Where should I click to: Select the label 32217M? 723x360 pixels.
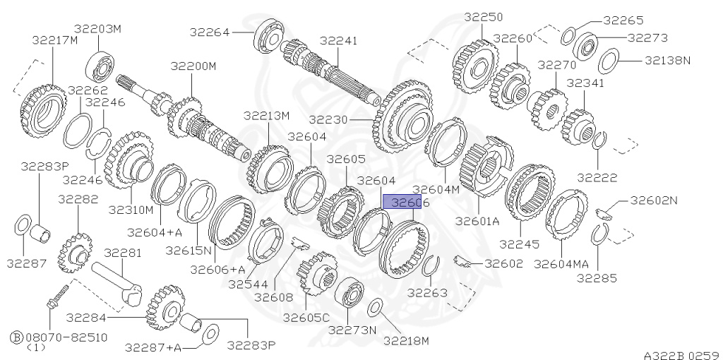pos(54,40)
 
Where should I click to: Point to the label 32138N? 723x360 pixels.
pos(668,61)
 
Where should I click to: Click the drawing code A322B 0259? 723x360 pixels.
pos(681,354)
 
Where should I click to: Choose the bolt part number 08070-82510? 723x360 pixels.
pos(67,337)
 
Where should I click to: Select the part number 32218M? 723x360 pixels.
pos(406,341)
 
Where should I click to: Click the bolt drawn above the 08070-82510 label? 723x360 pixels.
pos(56,296)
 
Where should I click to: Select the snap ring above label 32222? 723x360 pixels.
pos(598,140)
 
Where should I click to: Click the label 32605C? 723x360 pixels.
pos(306,318)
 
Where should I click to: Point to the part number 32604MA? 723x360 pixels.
pos(561,263)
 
